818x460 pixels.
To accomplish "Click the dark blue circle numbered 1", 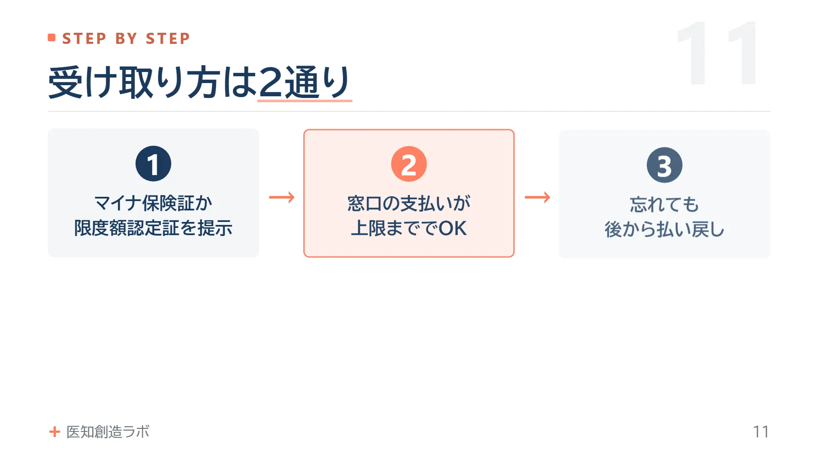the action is point(153,164).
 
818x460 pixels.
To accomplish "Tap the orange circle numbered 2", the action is point(409,164).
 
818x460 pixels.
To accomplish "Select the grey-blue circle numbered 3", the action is point(665,165).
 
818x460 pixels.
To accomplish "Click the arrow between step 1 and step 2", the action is point(282,197).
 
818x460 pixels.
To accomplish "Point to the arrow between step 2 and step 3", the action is point(537,197).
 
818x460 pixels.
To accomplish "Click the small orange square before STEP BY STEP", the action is point(52,38).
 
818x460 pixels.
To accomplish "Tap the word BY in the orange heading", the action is point(126,38).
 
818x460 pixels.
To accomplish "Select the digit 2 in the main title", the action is point(271,82).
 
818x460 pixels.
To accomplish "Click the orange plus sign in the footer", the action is point(55,432).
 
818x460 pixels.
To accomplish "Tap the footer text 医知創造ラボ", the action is point(108,432).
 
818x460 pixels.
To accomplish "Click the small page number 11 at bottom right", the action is point(761,432).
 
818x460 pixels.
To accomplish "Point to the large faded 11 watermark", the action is point(717,53).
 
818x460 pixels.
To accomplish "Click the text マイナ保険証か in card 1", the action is point(153,203).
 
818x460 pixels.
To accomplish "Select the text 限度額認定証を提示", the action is point(153,228).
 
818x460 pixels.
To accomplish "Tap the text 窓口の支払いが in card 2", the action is point(409,203).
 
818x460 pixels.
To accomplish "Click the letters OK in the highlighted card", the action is point(453,228).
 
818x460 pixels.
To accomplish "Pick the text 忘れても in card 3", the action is point(665,204).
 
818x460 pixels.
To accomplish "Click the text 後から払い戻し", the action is point(665,229).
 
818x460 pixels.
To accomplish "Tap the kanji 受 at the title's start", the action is point(65,82).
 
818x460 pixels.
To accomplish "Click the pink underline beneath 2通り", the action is point(305,101).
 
